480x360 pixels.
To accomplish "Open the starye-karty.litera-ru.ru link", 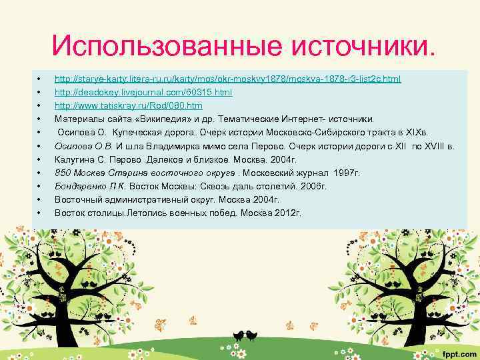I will (x=227, y=79).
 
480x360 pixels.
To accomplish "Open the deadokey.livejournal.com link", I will (x=143, y=93).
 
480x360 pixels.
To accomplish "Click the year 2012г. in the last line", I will (x=288, y=213).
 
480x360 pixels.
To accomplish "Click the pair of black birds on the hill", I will (x=243, y=333).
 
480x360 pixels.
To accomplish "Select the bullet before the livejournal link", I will (x=41, y=93).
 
